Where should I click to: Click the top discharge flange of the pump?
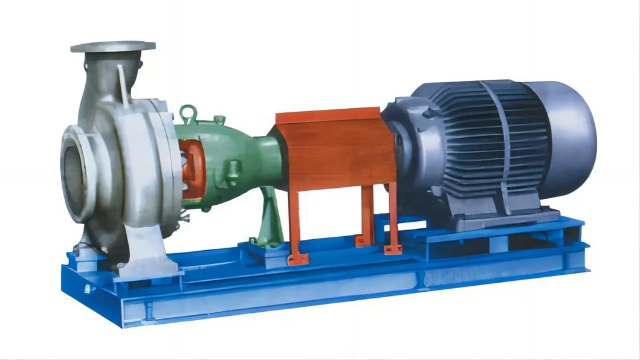(x=112, y=47)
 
